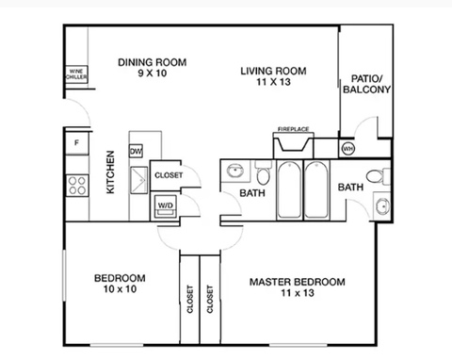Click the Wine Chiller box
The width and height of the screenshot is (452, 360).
coord(76,74)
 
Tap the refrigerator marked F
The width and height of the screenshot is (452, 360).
coord(77,143)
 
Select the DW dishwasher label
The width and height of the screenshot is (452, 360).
coord(136,151)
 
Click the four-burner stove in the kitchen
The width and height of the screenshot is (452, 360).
coord(77,186)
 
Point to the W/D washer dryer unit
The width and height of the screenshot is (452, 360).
coord(166,206)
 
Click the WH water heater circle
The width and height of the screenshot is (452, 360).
coord(347,148)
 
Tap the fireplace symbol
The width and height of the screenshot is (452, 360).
coord(293,145)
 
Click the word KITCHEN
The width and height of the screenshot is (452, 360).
coord(110,172)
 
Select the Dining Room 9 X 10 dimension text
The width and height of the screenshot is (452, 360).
coord(153,74)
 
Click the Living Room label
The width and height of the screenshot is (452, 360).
coord(273,71)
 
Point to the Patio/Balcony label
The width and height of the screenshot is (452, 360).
coord(366,84)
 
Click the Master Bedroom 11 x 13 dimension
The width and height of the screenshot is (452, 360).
coord(298,293)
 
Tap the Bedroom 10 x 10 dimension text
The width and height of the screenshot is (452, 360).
coord(120,288)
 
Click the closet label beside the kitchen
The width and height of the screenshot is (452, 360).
coord(169,175)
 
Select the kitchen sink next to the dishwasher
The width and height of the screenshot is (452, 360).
coord(138,180)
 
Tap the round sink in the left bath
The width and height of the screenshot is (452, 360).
coord(235,171)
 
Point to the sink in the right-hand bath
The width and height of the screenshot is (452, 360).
coord(382,205)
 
